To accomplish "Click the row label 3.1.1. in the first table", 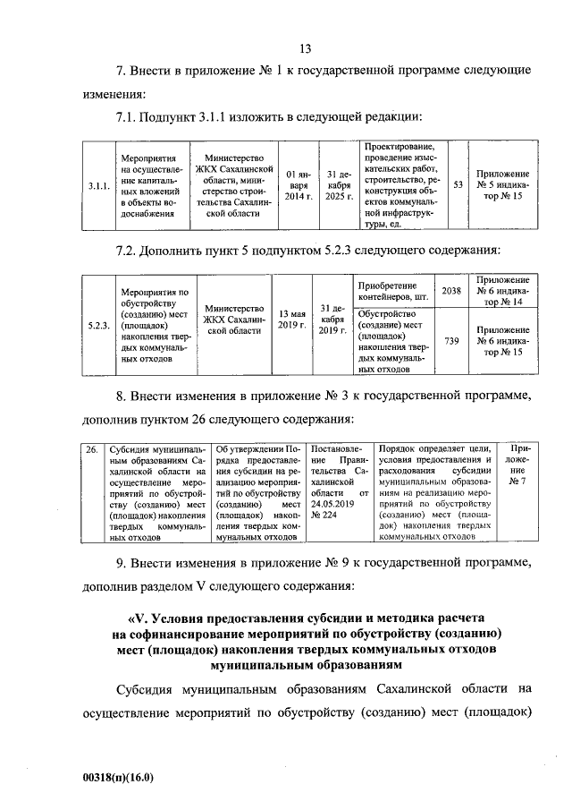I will click(x=98, y=186).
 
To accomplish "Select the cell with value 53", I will click(x=457, y=184).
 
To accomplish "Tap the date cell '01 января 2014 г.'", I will click(x=297, y=185).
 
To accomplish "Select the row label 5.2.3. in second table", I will click(x=98, y=324).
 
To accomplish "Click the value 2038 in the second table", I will click(x=451, y=291).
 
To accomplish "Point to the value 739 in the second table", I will click(x=451, y=341).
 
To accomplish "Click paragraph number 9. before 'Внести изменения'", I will click(x=122, y=563).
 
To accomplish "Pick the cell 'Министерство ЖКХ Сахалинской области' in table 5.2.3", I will click(x=234, y=324).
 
